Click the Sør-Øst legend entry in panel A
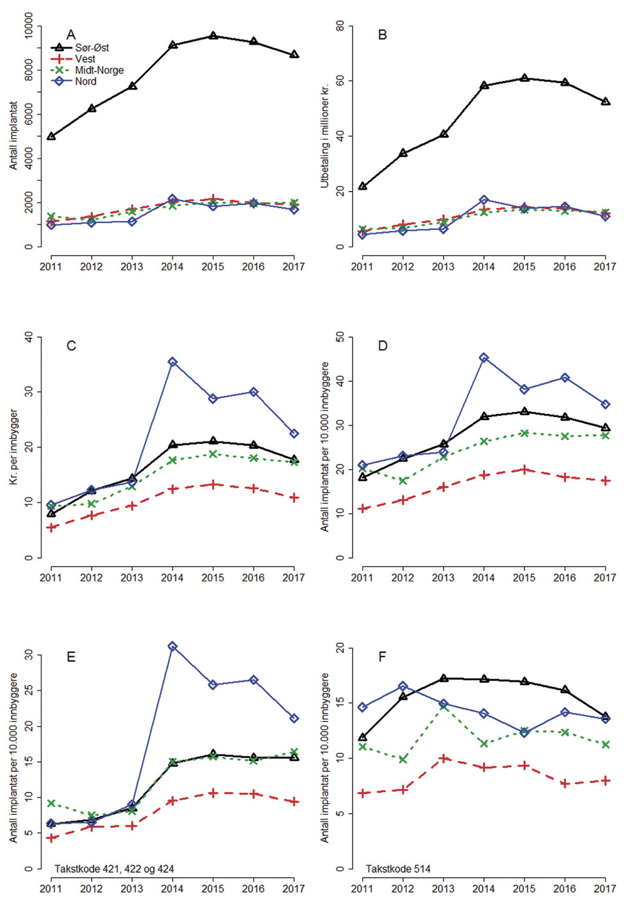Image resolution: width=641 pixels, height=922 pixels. pos(92,48)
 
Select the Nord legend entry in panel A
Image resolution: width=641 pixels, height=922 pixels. pos(85,81)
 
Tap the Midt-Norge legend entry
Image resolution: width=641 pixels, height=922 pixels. pos(99,70)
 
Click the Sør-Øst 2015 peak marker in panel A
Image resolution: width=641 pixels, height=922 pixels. pos(213,36)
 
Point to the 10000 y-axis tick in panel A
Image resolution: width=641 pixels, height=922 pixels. pos(28,26)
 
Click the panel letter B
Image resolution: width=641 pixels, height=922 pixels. pos(383,35)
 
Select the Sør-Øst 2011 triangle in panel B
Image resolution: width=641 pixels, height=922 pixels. pos(362,186)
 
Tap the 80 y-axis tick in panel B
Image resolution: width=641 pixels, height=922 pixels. pos(340,26)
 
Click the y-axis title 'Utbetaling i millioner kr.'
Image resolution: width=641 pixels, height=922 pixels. pos(324,135)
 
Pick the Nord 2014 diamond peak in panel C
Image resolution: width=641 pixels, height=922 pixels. pos(172,362)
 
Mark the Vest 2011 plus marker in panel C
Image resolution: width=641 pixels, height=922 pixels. pos(51,528)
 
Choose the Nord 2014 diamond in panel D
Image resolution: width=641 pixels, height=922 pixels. pos(484,358)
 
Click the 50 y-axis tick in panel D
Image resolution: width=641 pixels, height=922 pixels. pos(340,337)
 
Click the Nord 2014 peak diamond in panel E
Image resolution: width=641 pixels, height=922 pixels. pos(172,646)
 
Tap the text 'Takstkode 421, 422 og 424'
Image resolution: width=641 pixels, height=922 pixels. pos(114,869)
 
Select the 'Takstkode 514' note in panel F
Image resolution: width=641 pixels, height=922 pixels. pos(398,869)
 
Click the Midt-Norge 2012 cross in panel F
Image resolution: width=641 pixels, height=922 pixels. pos(403,760)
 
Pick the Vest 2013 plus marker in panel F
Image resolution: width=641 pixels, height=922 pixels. pos(444,759)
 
